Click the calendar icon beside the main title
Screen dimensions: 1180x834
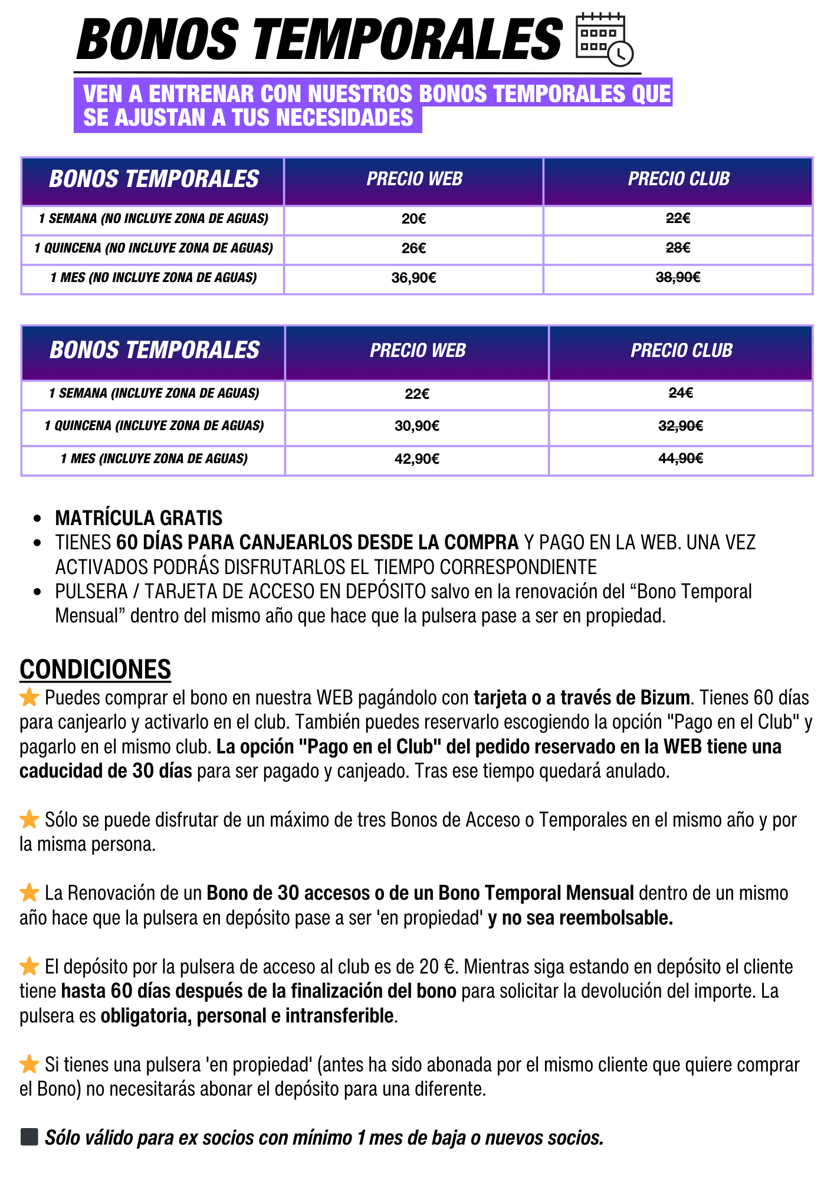603,38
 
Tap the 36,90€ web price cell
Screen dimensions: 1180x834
413,278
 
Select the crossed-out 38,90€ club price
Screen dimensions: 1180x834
678,277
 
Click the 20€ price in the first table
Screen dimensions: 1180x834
413,219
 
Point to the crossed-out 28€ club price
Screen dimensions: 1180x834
678,248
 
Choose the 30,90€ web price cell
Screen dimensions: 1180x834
417,426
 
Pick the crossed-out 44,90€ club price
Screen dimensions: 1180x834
681,458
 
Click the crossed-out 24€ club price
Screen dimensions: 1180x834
681,393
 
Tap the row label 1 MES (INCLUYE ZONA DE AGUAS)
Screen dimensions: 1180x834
154,458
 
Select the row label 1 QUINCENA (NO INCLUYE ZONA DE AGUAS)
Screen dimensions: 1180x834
153,248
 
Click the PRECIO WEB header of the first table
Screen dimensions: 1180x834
414,179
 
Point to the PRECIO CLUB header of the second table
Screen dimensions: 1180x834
681,350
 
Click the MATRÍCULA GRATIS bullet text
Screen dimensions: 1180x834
139,518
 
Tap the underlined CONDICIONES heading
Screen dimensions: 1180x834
95,670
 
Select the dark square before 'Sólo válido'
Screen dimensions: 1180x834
29,1137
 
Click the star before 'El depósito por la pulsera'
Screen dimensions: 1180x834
29,966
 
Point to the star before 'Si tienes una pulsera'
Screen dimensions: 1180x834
29,1064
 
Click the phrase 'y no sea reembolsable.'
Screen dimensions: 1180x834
580,918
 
